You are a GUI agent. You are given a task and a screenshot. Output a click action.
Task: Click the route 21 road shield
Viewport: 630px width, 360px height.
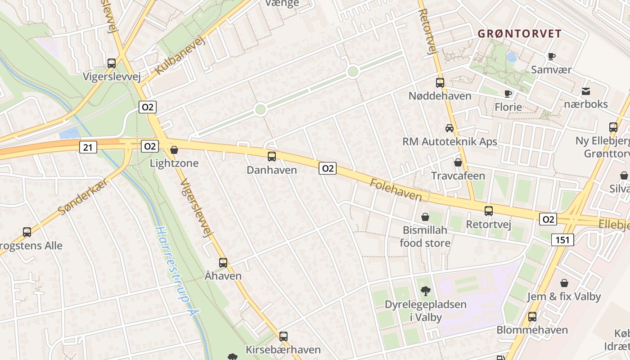click(88, 147)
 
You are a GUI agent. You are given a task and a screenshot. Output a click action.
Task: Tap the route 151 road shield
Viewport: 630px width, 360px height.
click(562, 240)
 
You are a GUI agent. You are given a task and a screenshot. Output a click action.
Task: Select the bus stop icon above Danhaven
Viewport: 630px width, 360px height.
click(272, 157)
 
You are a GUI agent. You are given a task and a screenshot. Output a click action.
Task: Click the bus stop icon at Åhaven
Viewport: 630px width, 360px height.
click(223, 263)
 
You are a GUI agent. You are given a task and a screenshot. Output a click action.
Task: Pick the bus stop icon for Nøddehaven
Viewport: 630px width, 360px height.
click(440, 83)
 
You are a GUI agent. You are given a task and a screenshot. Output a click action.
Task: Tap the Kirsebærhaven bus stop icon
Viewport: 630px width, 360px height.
click(283, 336)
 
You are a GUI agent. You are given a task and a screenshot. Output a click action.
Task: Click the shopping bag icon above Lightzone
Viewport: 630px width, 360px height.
click(174, 150)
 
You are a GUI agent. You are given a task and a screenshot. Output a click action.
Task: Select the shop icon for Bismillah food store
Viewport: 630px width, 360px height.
click(425, 217)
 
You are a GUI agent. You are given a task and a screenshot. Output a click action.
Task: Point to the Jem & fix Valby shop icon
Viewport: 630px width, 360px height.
click(564, 283)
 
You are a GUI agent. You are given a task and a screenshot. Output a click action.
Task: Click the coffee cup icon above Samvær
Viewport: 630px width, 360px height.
click(551, 56)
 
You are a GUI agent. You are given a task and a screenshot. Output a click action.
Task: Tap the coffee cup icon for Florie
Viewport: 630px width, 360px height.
click(508, 94)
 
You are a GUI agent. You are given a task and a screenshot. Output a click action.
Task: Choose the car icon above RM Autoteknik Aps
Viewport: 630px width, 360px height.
click(450, 128)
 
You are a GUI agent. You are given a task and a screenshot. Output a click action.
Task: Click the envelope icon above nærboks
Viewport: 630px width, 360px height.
click(586, 91)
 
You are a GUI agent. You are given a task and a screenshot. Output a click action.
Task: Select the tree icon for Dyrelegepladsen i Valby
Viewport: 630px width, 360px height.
click(425, 291)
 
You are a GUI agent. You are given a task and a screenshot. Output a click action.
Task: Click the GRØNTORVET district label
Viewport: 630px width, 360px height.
click(519, 34)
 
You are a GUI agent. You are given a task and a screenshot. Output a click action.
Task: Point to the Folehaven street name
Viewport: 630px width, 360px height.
click(396, 190)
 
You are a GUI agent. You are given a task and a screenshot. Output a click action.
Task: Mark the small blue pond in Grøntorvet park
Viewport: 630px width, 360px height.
click(512, 57)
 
